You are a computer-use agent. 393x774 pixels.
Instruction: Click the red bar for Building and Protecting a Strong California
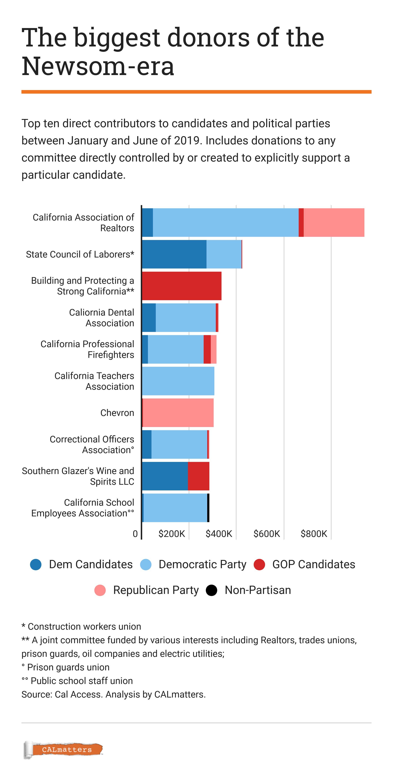click(181, 286)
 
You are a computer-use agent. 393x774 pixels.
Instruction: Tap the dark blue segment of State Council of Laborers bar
click(174, 254)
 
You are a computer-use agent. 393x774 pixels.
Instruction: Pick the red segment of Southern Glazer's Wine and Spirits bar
click(198, 476)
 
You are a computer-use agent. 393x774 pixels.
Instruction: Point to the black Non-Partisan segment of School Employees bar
click(208, 508)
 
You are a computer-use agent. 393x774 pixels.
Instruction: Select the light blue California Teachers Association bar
click(178, 381)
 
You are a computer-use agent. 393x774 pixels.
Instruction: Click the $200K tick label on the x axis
click(171, 534)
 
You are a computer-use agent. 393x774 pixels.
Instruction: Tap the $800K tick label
click(314, 534)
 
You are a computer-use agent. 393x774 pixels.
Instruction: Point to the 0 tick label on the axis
click(135, 534)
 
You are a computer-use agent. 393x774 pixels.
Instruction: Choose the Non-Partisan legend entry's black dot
click(212, 590)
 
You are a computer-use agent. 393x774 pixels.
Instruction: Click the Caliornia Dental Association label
click(102, 318)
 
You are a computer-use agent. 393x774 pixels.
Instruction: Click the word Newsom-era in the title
click(98, 66)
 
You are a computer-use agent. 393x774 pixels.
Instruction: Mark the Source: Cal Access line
click(113, 694)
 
